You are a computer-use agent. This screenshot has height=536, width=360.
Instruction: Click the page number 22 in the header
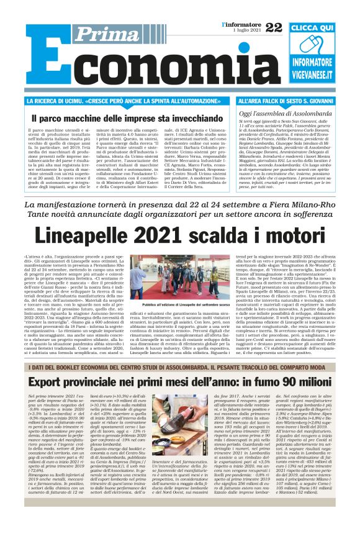(x=273, y=27)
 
